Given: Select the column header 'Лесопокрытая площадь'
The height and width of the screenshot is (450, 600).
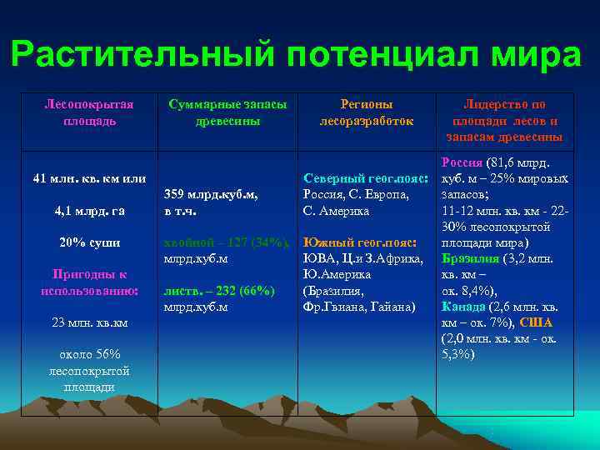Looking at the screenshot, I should click(x=89, y=112).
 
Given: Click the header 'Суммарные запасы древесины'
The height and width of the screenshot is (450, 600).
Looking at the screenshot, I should click(x=227, y=112).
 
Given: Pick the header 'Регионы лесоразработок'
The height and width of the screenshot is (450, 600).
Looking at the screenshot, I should click(x=367, y=112).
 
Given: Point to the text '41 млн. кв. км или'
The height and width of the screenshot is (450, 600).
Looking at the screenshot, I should click(x=89, y=178).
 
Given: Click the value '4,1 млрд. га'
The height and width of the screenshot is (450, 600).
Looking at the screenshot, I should click(x=89, y=211).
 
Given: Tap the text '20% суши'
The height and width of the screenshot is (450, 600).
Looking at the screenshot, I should click(x=89, y=242).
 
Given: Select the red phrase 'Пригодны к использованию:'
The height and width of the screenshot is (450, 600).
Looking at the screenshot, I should click(x=89, y=282).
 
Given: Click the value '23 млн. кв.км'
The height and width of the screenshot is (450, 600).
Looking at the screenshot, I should click(x=89, y=322).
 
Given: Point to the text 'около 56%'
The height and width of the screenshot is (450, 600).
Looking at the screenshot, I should click(x=89, y=354).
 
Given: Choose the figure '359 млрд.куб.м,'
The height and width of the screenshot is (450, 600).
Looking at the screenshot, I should click(x=211, y=195).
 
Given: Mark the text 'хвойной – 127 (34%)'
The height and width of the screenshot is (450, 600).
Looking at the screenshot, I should click(x=227, y=242).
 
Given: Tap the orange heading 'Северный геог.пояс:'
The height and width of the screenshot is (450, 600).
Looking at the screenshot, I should click(x=367, y=179).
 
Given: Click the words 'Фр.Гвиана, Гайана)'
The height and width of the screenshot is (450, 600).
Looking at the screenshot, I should click(x=359, y=307).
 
